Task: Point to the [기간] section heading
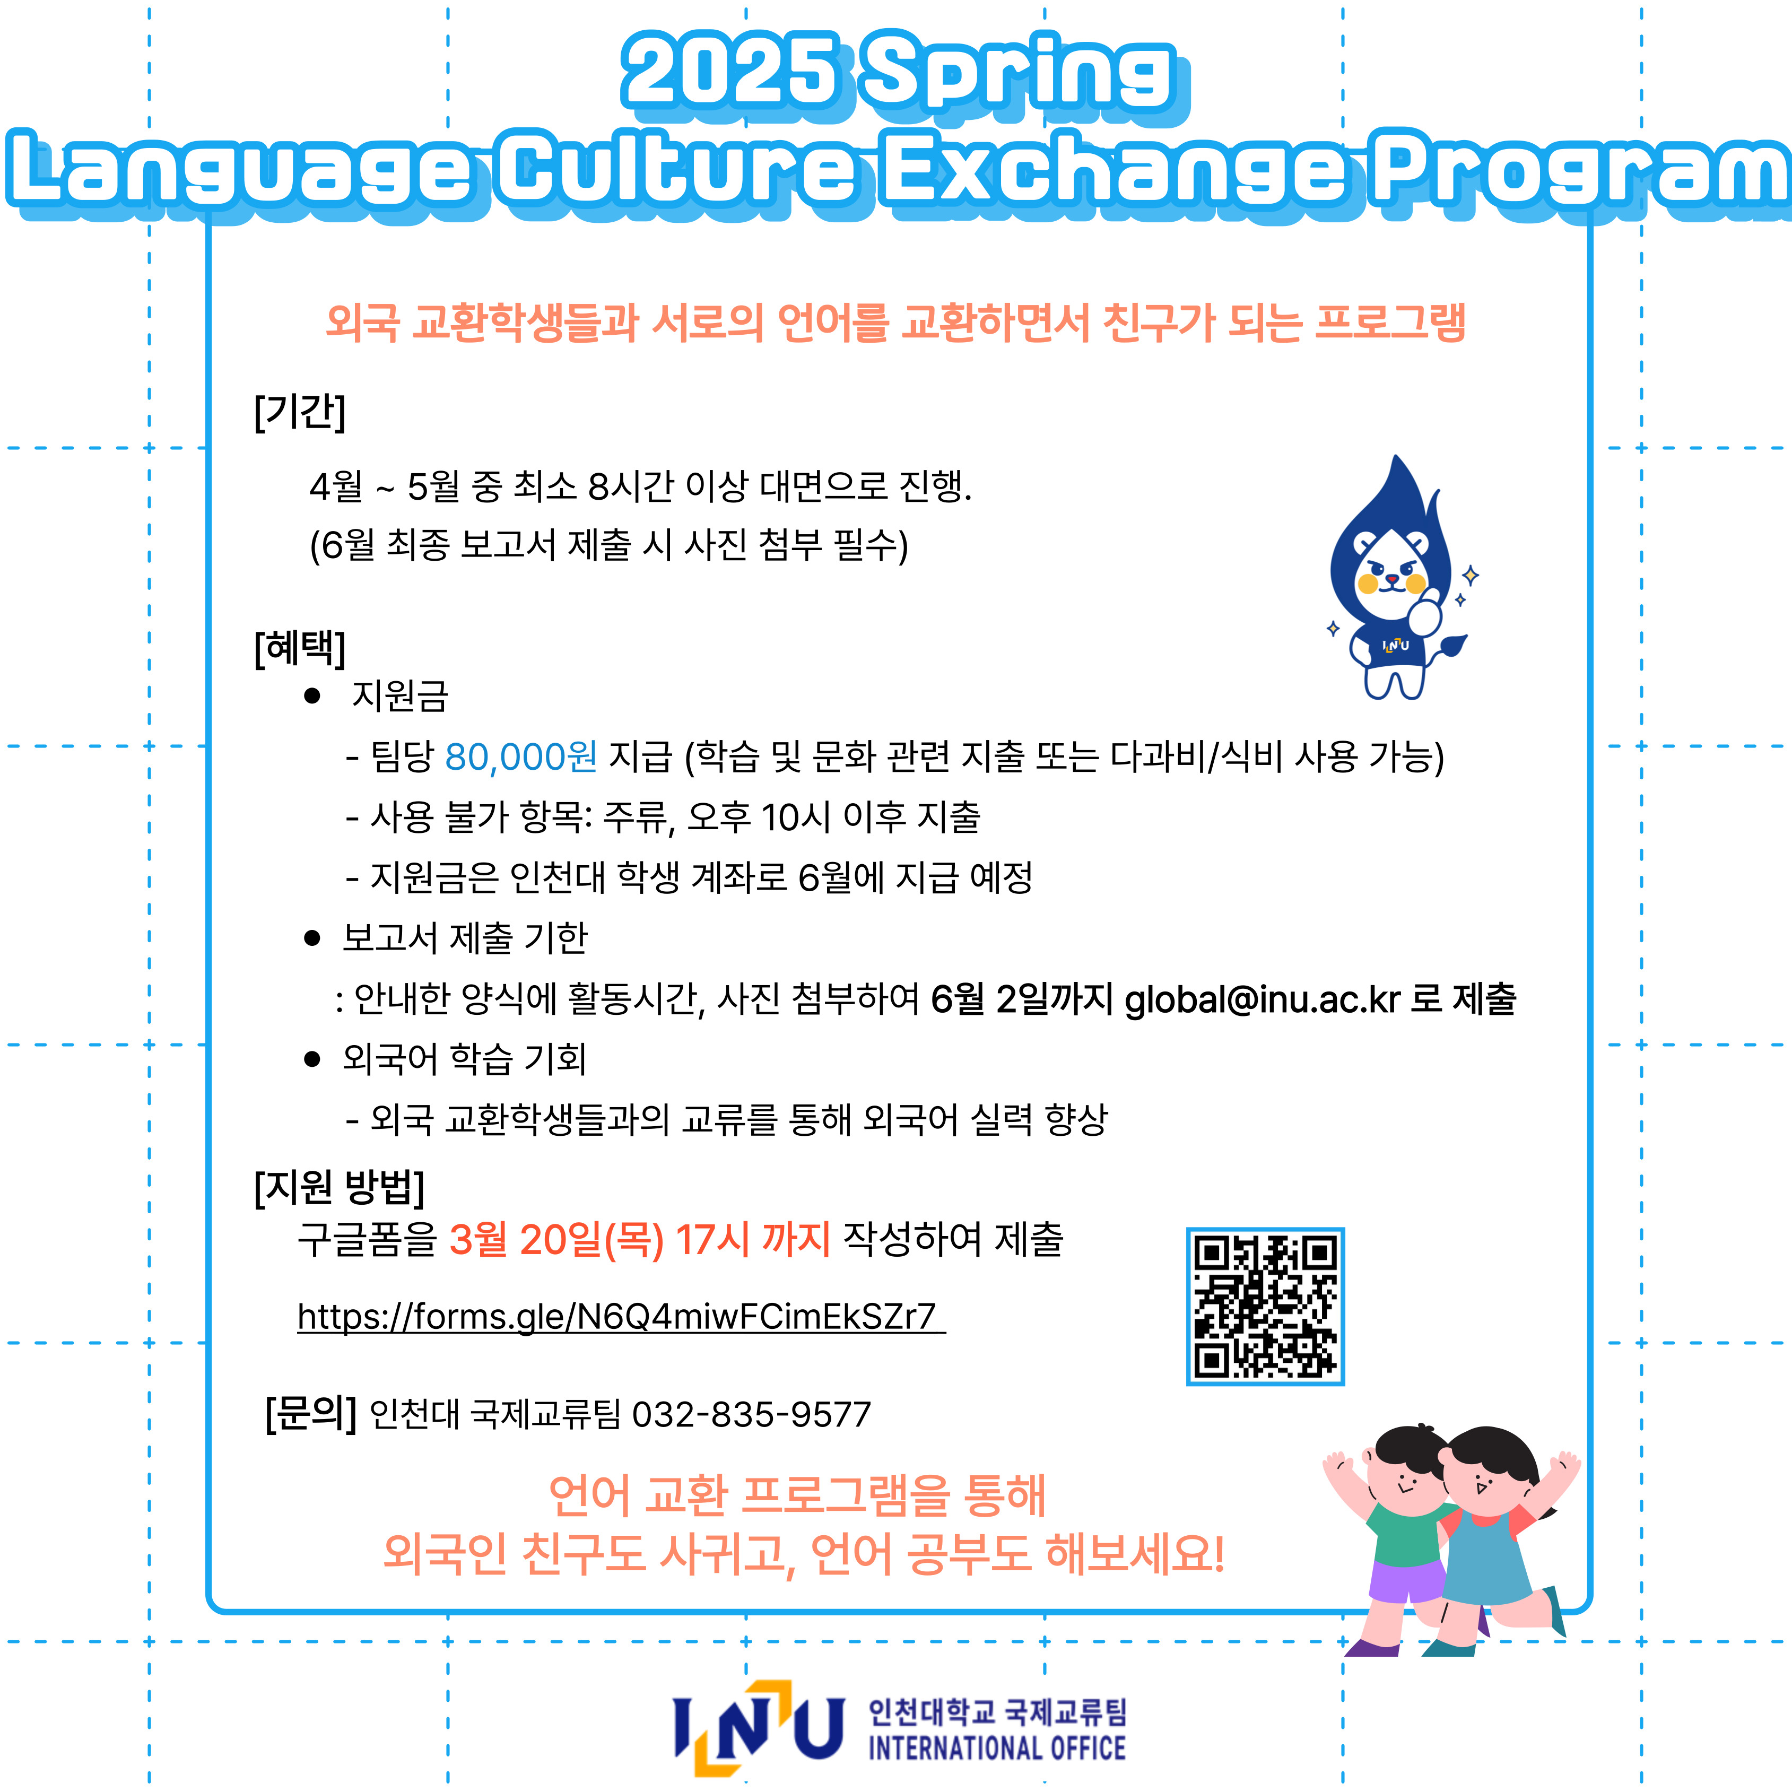300,411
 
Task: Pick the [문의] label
311,1414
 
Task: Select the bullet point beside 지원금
312,695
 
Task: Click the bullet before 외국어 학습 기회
312,1059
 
